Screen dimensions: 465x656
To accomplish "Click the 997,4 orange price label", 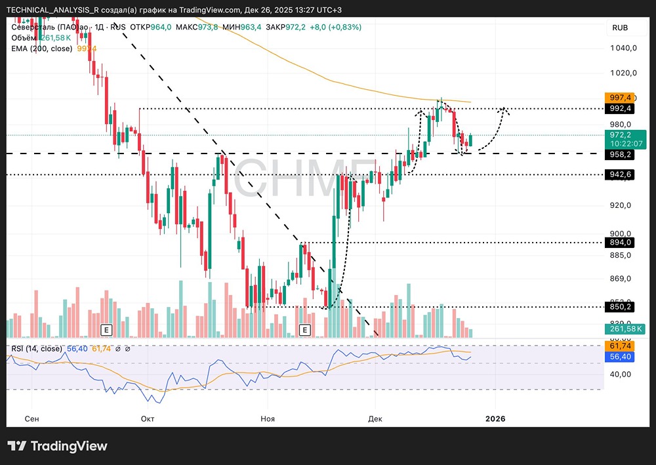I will pos(620,97).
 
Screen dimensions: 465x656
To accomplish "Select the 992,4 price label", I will pos(620,108).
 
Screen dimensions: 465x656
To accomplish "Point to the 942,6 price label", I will pos(620,174).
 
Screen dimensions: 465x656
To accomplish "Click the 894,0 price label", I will pos(620,242).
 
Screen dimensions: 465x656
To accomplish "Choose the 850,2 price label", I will pos(620,306).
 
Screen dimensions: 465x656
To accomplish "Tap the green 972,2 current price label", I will pos(620,134).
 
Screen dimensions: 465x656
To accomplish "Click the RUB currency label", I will pos(620,28).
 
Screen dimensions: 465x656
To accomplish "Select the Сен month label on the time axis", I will pos(31,418).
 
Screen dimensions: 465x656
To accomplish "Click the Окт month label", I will pos(148,418).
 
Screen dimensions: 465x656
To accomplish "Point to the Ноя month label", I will pos(267,418).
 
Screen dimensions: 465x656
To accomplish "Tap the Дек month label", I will pos(375,418).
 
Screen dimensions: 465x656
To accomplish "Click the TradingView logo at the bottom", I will pos(57,446).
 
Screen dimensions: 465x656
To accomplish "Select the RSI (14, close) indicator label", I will pos(37,348).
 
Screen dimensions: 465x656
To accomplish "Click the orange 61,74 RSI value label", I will pos(620,346).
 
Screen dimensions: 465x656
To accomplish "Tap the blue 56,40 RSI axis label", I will pos(620,357).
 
